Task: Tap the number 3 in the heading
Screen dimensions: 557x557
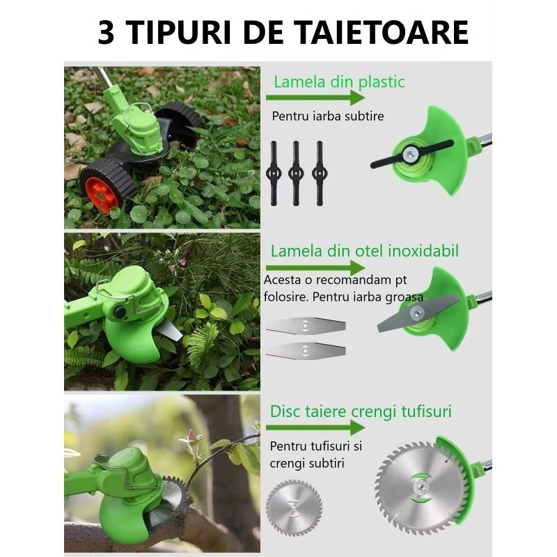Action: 106,32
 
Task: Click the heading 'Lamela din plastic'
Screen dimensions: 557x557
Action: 339,81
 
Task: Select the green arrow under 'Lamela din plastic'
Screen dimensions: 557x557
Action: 315,97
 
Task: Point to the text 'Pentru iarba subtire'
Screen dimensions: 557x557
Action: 328,116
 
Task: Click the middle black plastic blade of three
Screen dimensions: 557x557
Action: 296,173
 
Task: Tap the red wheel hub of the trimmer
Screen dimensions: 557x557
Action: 102,195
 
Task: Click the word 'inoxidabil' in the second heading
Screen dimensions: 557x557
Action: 423,251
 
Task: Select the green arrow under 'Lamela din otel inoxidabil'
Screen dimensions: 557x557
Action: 315,267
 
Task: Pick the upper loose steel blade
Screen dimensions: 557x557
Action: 306,325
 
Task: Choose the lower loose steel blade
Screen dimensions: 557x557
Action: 306,350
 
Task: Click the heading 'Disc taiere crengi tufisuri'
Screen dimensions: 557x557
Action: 361,411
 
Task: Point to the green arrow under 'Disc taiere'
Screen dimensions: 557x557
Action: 315,427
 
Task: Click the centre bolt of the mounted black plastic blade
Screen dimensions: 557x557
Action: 410,154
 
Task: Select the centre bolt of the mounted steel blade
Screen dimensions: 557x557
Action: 416,313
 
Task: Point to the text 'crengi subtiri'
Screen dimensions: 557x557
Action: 307,463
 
